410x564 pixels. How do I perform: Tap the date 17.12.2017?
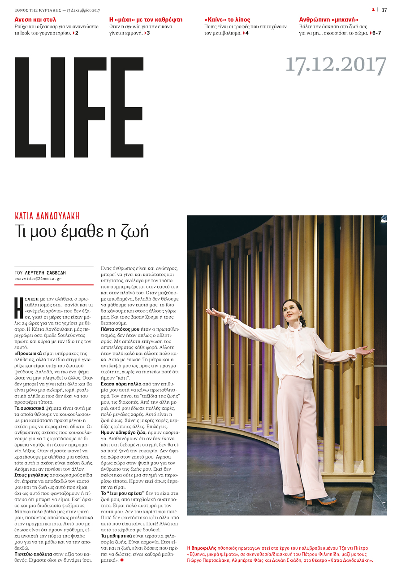pos(335,66)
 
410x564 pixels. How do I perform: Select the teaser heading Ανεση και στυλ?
pos(35,20)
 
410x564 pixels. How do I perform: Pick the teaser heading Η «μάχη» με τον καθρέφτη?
pos(139,20)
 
